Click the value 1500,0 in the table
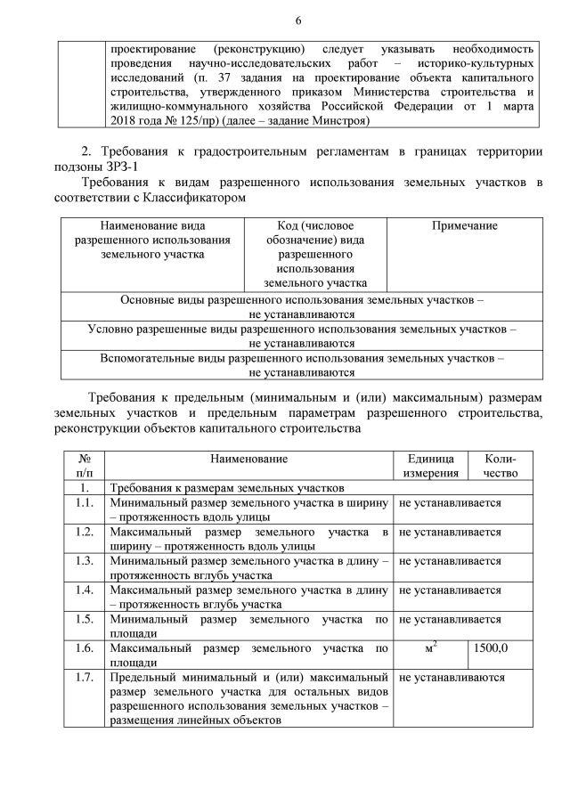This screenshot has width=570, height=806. click(x=491, y=647)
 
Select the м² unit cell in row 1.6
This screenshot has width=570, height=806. click(x=429, y=647)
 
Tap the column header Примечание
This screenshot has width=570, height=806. click(x=464, y=226)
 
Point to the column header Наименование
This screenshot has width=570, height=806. click(x=249, y=459)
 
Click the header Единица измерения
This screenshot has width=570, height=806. click(x=429, y=466)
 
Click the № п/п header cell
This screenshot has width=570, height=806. click(x=85, y=466)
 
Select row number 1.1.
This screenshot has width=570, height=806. click(x=85, y=503)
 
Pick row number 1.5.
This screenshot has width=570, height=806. click(x=85, y=619)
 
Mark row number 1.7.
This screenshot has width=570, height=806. click(x=85, y=677)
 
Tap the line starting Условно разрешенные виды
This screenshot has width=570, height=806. click(x=302, y=329)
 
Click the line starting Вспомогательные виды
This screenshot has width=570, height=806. click(x=302, y=358)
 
